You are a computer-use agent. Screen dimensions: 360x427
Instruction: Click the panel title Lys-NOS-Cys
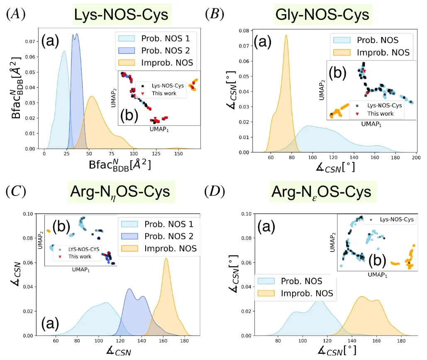click(x=121, y=15)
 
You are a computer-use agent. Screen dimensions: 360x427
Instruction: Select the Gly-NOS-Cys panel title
click(x=322, y=15)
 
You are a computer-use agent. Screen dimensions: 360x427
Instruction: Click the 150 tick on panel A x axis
click(x=178, y=154)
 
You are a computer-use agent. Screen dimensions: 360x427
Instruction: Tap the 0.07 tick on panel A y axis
click(x=30, y=42)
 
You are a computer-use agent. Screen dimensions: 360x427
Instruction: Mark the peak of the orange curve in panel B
click(x=286, y=35)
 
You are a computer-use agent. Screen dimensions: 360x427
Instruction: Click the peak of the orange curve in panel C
click(x=166, y=258)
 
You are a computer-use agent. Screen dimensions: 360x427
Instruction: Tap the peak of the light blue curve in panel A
click(x=64, y=51)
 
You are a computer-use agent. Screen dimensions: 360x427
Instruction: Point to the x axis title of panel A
click(x=119, y=165)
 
